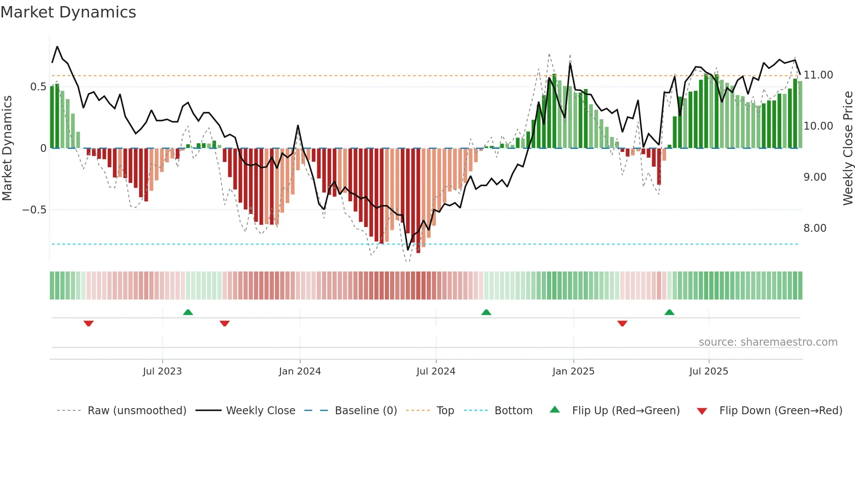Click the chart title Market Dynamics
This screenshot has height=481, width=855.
coord(68,12)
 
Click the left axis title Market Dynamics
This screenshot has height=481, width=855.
coord(7,148)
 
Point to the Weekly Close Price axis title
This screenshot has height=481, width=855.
coord(848,148)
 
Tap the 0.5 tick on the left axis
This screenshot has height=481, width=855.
coord(38,87)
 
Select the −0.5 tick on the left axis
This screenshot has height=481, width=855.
coord(34,210)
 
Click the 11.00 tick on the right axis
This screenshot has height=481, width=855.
coord(818,75)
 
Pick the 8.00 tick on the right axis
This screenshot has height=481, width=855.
coord(815,228)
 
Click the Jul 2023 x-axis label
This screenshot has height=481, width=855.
coord(162,371)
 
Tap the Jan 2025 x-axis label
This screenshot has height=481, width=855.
coord(573,371)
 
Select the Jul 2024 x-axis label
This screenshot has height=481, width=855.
coord(436,371)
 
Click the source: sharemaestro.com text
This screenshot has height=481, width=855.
coord(768,342)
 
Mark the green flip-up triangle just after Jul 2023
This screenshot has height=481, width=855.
coord(188,313)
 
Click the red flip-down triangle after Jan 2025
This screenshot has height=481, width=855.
coord(622,323)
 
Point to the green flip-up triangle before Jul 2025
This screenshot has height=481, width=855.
coord(669,313)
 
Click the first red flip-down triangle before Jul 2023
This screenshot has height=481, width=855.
coord(89,323)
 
